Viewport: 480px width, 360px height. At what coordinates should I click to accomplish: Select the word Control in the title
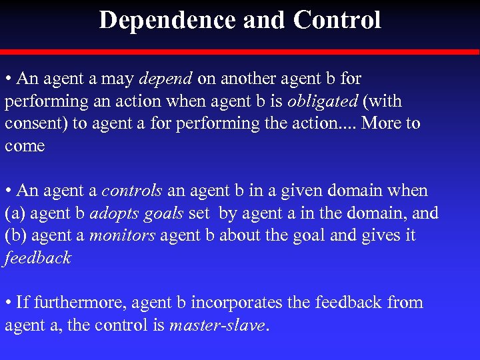[337, 20]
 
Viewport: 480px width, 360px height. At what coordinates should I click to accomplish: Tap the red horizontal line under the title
[240, 51]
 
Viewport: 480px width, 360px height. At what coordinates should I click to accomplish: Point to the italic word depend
[166, 79]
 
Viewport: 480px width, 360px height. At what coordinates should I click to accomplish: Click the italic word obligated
[320, 101]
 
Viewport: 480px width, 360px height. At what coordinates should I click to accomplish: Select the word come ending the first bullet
[25, 146]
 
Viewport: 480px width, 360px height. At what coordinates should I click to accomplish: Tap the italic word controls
[132, 191]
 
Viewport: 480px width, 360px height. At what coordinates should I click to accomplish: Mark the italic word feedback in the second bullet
[37, 258]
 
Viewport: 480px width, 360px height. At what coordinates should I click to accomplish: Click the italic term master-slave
[217, 325]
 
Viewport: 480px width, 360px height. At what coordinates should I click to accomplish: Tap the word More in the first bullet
[375, 124]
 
